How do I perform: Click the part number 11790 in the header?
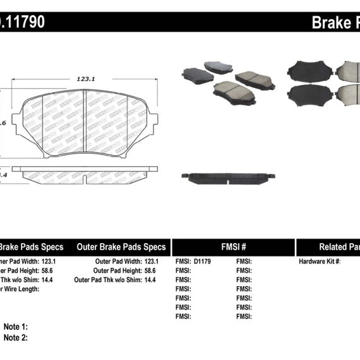click(x=22, y=22)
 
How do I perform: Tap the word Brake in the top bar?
click(x=327, y=23)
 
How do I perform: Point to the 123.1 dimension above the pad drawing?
click(x=85, y=79)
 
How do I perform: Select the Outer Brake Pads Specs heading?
click(x=121, y=247)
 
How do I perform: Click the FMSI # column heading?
click(x=233, y=248)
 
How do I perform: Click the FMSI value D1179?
click(x=203, y=261)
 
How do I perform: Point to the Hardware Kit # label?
click(x=319, y=261)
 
